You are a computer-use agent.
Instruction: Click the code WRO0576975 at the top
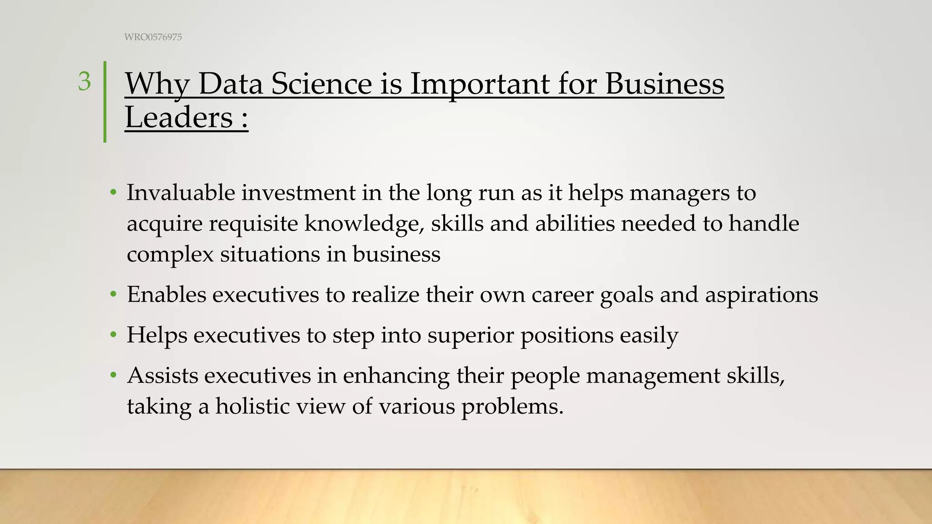coord(153,37)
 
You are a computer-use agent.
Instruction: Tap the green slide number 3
coord(84,82)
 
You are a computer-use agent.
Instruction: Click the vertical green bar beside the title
coord(105,102)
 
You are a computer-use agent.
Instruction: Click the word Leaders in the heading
coord(179,118)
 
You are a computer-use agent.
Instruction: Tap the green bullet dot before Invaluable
coord(113,193)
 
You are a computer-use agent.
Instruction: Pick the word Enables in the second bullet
coord(167,294)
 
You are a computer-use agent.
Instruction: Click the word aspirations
coord(761,295)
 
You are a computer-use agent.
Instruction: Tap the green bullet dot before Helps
coord(113,336)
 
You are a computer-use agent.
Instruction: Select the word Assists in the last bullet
coord(162,376)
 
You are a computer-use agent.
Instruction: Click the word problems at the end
coord(512,407)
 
